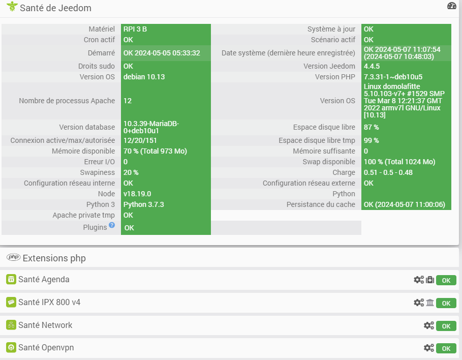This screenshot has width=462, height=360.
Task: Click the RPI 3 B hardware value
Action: pyautogui.click(x=135, y=29)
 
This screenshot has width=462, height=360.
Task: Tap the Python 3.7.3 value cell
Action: pyautogui.click(x=144, y=204)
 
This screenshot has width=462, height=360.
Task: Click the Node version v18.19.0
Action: pyautogui.click(x=137, y=194)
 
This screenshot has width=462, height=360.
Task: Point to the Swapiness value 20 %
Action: pyautogui.click(x=131, y=172)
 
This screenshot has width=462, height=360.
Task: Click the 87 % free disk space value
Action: pyautogui.click(x=372, y=127)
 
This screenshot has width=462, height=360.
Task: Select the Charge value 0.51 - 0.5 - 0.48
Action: pyautogui.click(x=388, y=172)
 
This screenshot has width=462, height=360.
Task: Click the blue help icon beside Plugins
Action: pyautogui.click(x=112, y=225)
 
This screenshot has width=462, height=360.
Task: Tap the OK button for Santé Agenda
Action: pyautogui.click(x=446, y=280)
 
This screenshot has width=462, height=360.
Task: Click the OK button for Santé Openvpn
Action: pyautogui.click(x=446, y=348)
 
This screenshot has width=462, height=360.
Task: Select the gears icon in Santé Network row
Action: pyautogui.click(x=429, y=325)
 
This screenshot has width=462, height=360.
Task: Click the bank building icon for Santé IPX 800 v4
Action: pyautogui.click(x=430, y=303)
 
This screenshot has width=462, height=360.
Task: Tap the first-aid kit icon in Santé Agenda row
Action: pyautogui.click(x=430, y=280)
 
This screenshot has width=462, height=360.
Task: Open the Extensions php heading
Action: pyautogui.click(x=54, y=258)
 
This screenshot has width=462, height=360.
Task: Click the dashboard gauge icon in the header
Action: pyautogui.click(x=452, y=6)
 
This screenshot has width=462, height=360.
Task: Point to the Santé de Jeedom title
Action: pyautogui.click(x=55, y=8)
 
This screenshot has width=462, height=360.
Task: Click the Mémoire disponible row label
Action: pyautogui.click(x=83, y=151)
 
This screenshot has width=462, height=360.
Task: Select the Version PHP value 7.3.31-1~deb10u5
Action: pyautogui.click(x=393, y=77)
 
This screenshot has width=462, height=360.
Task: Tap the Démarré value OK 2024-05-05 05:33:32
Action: pyautogui.click(x=162, y=53)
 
